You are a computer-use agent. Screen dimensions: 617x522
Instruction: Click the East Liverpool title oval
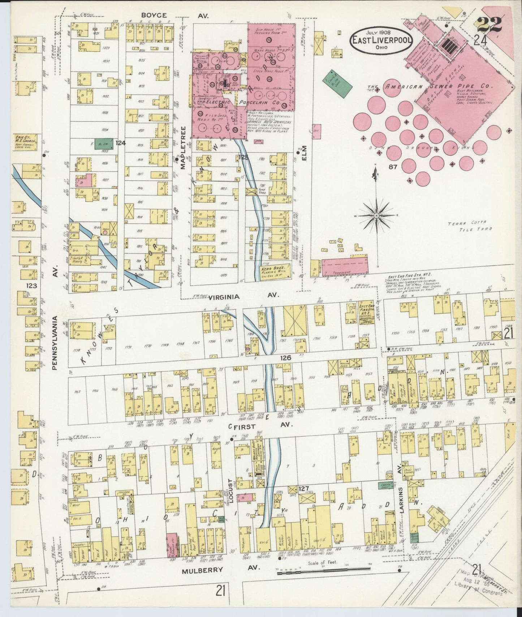(x=381, y=40)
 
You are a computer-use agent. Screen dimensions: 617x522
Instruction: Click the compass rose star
(x=376, y=215)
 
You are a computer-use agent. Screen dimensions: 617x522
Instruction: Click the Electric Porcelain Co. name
(x=238, y=102)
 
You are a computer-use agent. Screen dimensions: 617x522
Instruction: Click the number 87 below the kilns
(x=393, y=167)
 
